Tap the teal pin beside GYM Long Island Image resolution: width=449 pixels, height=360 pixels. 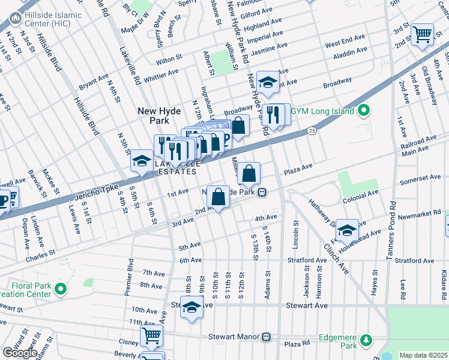point(363,112)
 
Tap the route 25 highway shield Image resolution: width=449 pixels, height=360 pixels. point(312,130)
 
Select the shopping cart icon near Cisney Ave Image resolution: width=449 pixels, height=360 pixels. point(152,335)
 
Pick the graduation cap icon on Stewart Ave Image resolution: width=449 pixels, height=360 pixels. point(191,308)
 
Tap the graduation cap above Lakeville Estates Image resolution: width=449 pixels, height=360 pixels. point(142,161)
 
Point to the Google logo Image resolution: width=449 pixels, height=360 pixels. point(19,352)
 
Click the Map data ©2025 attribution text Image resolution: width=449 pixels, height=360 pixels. point(424,355)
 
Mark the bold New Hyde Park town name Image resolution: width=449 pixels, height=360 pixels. point(158,115)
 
